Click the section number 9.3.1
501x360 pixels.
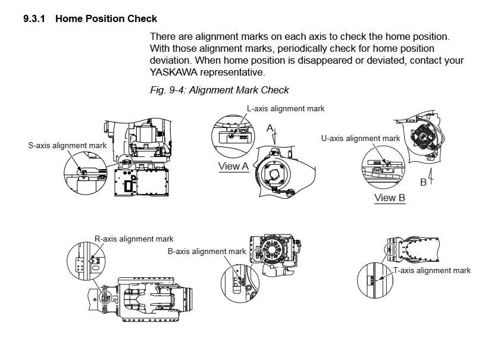tap(36, 18)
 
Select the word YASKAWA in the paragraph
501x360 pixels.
tap(171, 72)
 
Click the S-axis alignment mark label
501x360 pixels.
tap(67, 145)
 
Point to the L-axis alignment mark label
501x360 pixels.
tap(286, 108)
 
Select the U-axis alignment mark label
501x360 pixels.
tap(361, 138)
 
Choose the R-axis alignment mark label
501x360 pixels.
tap(134, 239)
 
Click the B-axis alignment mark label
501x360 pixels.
tap(206, 251)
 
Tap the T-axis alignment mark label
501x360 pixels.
tap(433, 270)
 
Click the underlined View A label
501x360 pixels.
tap(234, 167)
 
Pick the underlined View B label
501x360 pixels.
tap(390, 198)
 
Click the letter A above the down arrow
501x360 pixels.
tap(270, 128)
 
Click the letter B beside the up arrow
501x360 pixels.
tap(424, 182)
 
